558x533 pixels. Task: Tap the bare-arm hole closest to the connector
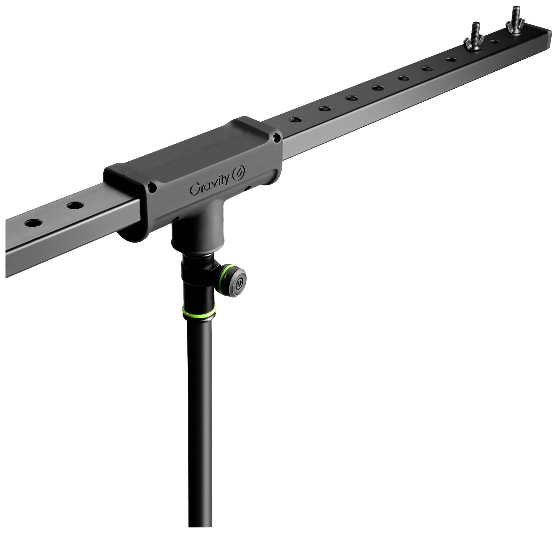[x=74, y=206]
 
